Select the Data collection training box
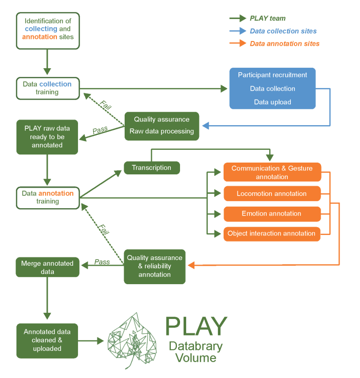pyautogui.click(x=48, y=88)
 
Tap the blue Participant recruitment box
pyautogui.click(x=272, y=88)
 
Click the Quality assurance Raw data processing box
pyautogui.click(x=162, y=125)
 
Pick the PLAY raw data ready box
pyautogui.click(x=47, y=137)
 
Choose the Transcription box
pyautogui.click(x=151, y=168)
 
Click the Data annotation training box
pyautogui.click(x=48, y=197)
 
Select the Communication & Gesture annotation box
pyautogui.click(x=272, y=172)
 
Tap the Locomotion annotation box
pyautogui.click(x=272, y=194)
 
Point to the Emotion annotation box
pyautogui.click(x=272, y=214)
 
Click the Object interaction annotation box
pyautogui.click(x=272, y=234)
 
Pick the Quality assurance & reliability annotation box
pyautogui.click(x=154, y=266)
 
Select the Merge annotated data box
pyautogui.click(x=47, y=267)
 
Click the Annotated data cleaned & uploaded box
pyautogui.click(x=47, y=340)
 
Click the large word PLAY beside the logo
pyautogui.click(x=196, y=326)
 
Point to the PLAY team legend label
pyautogui.click(x=268, y=18)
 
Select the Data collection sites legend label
pyautogui.click(x=283, y=31)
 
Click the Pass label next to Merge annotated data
pyautogui.click(x=102, y=262)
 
